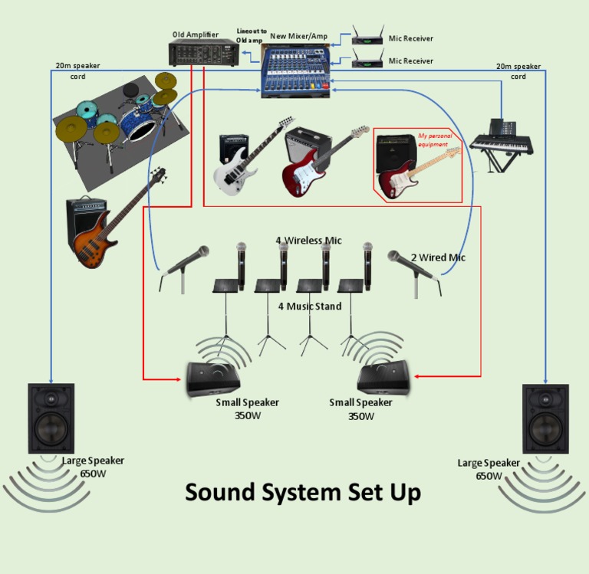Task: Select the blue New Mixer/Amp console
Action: click(x=294, y=70)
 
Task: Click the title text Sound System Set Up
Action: click(x=303, y=492)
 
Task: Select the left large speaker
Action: click(x=51, y=418)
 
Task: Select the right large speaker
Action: click(x=545, y=418)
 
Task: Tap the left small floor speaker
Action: click(x=217, y=378)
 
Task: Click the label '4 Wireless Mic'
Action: click(x=308, y=241)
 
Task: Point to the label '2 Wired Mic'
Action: click(x=438, y=257)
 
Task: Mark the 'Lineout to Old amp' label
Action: click(x=252, y=35)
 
